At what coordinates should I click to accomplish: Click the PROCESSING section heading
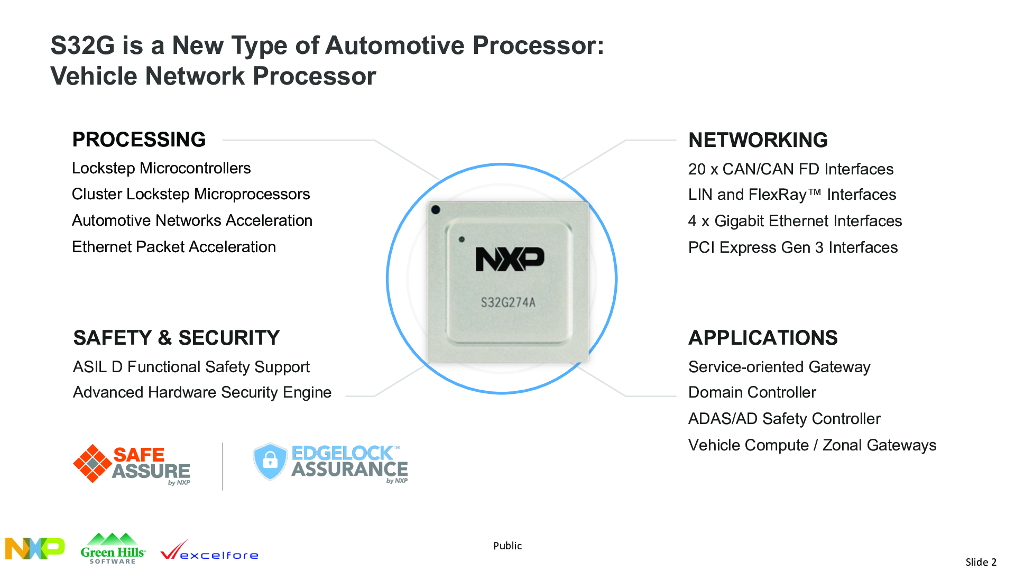coord(139,140)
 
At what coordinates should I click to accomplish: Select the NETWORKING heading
coord(758,140)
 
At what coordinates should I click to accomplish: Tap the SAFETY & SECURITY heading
coord(177,338)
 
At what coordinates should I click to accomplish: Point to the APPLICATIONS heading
coord(763,338)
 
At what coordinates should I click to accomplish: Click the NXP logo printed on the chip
coord(510,259)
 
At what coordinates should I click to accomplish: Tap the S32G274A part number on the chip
coord(508,302)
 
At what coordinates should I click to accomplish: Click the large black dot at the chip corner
coord(436,210)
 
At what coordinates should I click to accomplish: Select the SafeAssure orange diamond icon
coord(93,464)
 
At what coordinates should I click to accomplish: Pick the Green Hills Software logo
coord(113,549)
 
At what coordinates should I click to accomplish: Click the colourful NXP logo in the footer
coord(35,548)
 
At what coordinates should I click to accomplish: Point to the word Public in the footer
coord(508,546)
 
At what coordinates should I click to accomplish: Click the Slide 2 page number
coord(981,562)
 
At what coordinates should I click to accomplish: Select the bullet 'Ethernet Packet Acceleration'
coord(174,247)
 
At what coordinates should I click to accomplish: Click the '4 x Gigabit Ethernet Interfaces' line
coord(795,221)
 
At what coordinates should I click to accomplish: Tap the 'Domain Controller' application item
coord(752,392)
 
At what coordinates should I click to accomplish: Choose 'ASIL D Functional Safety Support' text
coord(191,367)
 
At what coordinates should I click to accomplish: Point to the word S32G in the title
coord(82,45)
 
